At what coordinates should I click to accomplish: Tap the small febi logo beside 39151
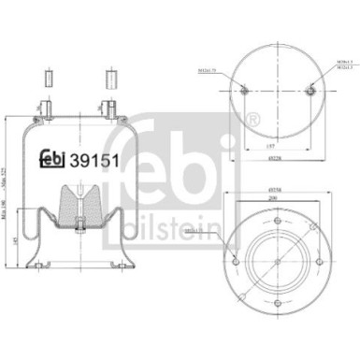click(x=53, y=158)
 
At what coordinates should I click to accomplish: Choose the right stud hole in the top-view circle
click(x=311, y=90)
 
